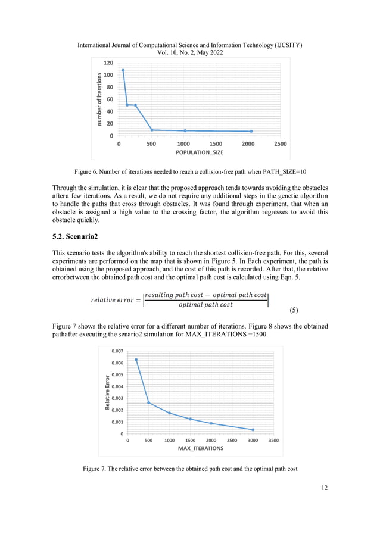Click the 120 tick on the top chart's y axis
[x=108, y=63]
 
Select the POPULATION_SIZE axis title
[x=200, y=152]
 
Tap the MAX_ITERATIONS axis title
[x=201, y=448]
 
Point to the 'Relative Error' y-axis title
[x=108, y=392]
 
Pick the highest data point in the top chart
[x=123, y=70]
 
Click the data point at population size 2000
[x=251, y=131]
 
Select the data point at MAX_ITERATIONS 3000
[x=253, y=430]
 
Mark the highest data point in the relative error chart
[x=136, y=360]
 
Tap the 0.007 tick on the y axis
[x=116, y=351]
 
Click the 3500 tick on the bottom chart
[x=273, y=441]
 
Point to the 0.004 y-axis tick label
[x=116, y=386]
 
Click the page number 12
[x=324, y=488]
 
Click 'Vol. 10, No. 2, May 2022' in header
[x=189, y=52]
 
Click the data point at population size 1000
[x=185, y=130]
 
